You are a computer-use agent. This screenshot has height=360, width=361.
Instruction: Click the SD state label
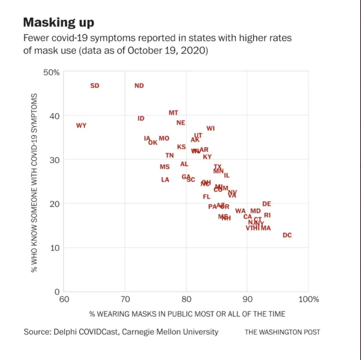94,86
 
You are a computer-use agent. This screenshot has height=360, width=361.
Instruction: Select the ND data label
139,86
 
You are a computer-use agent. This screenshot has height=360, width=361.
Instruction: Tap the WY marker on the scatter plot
81,126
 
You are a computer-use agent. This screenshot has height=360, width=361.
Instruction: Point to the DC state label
287,235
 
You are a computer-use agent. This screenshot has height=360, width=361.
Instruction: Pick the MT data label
173,113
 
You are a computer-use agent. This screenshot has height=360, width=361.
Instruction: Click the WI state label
211,128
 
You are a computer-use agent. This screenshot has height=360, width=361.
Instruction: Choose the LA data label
165,180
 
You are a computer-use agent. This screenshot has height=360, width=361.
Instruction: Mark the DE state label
267,204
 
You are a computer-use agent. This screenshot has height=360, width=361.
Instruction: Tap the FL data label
207,197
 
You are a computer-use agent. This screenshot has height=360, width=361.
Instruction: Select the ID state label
141,119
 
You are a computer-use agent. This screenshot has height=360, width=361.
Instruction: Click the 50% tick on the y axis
51,72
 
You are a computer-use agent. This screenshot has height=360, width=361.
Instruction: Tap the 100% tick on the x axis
309,300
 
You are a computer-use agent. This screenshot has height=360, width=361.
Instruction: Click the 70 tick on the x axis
125,300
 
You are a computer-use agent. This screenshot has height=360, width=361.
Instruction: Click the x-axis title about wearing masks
187,314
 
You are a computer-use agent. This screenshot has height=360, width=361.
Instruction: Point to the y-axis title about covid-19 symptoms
35,183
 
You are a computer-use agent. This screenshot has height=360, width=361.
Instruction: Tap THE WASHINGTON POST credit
282,332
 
